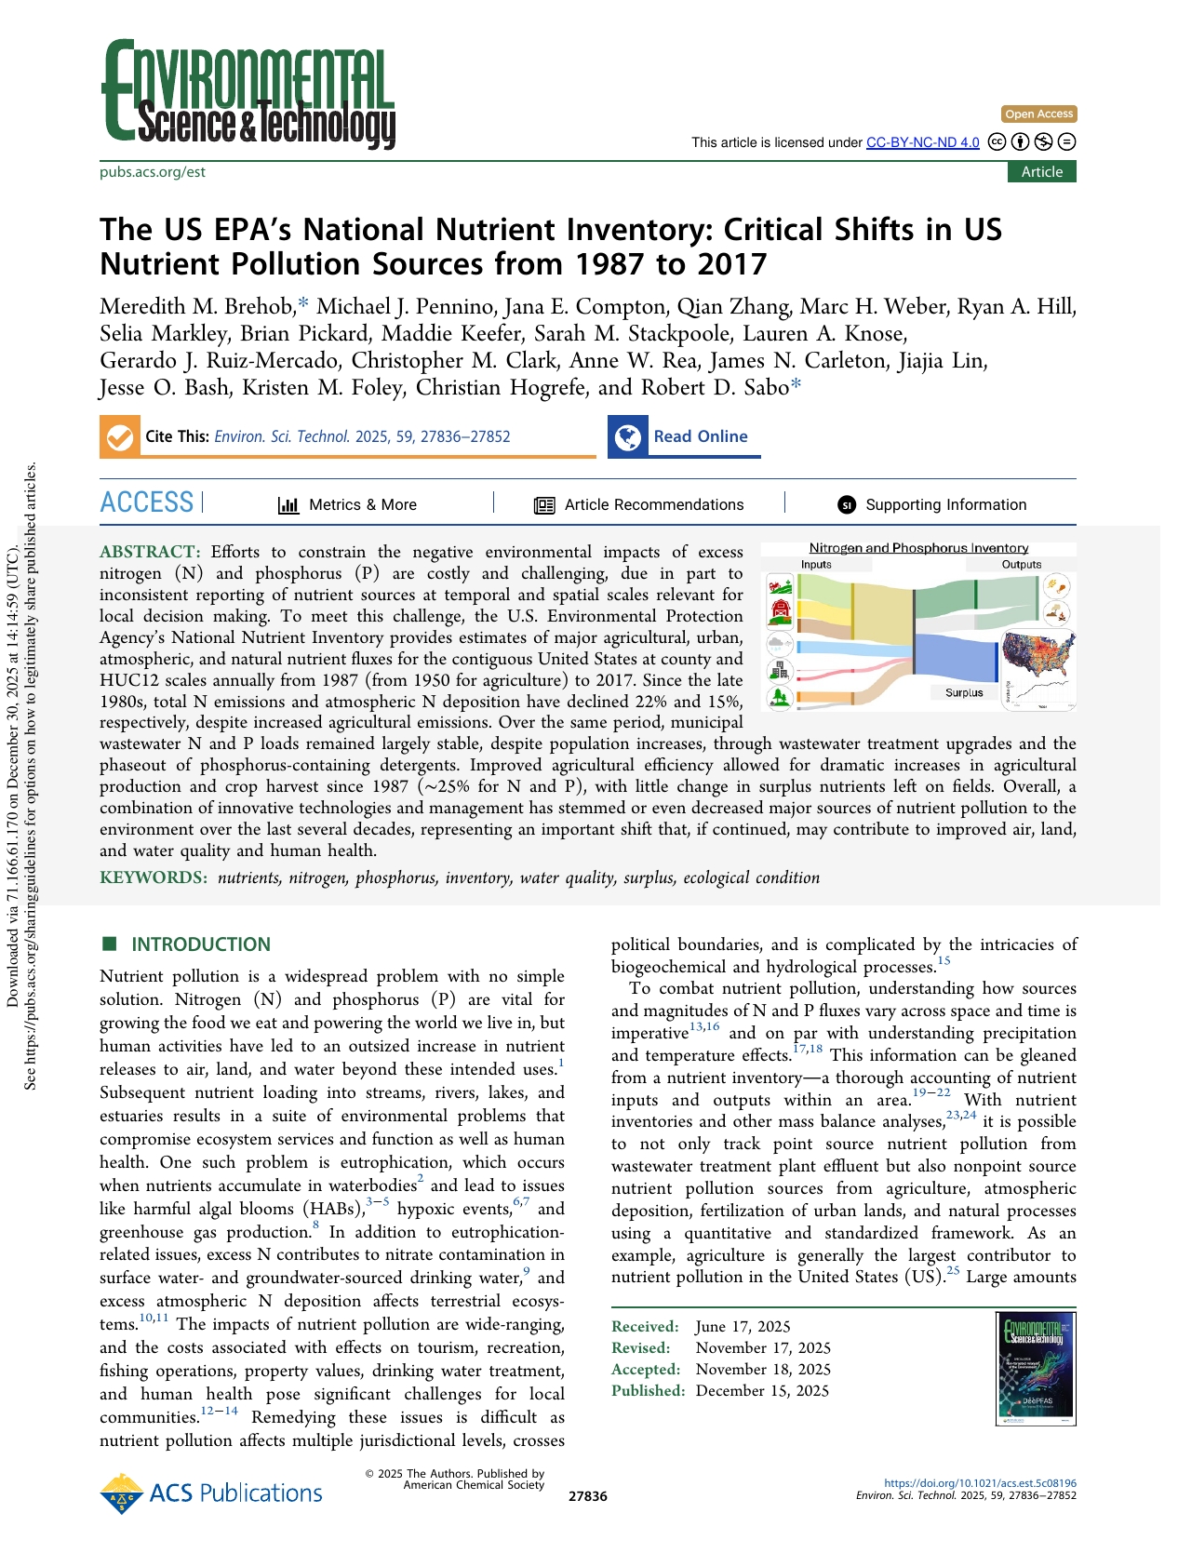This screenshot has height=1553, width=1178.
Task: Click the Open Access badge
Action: click(1038, 114)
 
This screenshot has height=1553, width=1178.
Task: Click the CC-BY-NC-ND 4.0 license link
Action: click(922, 142)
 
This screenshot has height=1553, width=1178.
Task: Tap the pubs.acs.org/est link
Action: click(153, 172)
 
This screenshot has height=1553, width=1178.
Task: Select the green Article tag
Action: click(1041, 172)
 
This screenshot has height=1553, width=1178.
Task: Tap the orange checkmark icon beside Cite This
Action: click(120, 437)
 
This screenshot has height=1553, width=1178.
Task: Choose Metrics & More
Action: click(347, 505)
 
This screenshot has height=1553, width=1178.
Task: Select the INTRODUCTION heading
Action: click(200, 944)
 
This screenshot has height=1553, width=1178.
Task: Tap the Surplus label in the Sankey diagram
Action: click(964, 692)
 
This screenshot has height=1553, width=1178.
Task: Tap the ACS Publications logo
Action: click(211, 1493)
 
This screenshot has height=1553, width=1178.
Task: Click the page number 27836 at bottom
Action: click(587, 1496)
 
